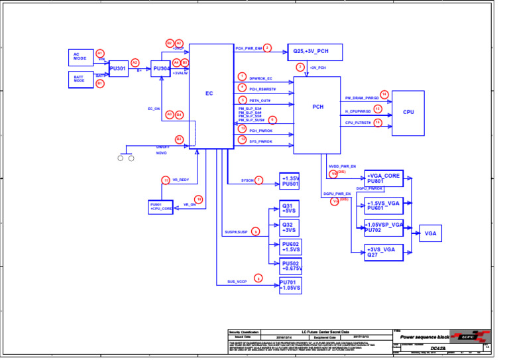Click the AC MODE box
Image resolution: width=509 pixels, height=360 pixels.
(x=81, y=57)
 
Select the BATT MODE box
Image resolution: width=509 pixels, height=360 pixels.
(x=81, y=80)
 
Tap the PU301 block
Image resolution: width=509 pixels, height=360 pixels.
(x=118, y=68)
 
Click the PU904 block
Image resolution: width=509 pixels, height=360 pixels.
(x=161, y=68)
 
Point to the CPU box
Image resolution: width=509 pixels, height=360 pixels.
(x=408, y=112)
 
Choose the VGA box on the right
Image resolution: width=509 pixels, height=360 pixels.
(x=431, y=233)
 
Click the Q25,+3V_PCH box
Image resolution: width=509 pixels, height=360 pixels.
(x=311, y=51)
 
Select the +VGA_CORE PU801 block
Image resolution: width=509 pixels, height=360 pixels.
(x=384, y=178)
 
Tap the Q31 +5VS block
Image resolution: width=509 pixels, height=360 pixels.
(x=289, y=208)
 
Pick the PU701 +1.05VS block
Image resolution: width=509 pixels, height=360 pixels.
(x=290, y=286)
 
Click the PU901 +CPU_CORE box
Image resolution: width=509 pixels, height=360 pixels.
(x=161, y=207)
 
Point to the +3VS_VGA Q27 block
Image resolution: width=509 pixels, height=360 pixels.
(x=384, y=252)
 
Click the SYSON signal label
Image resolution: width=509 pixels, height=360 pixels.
(x=247, y=180)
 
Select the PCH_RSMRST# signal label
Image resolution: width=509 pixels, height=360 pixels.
(x=262, y=89)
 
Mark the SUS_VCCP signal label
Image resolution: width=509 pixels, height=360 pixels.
(x=237, y=282)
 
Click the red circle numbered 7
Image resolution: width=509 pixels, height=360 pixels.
(x=259, y=180)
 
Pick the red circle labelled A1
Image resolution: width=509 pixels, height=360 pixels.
(x=100, y=53)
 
